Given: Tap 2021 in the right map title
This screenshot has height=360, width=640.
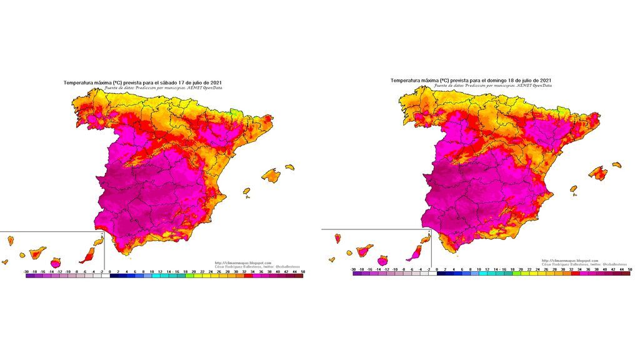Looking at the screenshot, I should pyautogui.click(x=544, y=81).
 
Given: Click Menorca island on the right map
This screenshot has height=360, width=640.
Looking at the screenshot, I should pyautogui.click(x=616, y=164).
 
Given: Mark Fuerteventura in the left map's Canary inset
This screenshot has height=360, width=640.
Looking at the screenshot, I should pyautogui.click(x=89, y=254).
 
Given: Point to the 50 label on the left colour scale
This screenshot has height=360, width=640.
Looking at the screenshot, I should pyautogui.click(x=302, y=271).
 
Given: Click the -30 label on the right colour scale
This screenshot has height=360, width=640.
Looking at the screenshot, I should pyautogui.click(x=354, y=269).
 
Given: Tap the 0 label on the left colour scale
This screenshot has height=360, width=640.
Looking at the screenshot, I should pyautogui.click(x=110, y=271).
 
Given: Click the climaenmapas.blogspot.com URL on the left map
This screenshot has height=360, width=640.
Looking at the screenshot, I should pyautogui.click(x=243, y=262).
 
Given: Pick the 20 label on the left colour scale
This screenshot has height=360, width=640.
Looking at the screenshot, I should pyautogui.click(x=194, y=271).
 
